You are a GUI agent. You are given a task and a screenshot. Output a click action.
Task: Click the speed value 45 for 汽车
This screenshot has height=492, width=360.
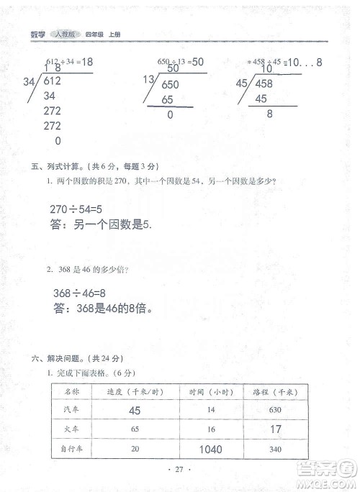coord(135,411)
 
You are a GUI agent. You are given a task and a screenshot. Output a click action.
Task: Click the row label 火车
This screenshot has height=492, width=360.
coord(71,429)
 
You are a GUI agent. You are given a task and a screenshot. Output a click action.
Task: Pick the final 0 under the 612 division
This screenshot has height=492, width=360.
coord(58,141)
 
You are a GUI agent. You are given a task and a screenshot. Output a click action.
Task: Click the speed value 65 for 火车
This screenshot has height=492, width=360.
coord(135,429)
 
